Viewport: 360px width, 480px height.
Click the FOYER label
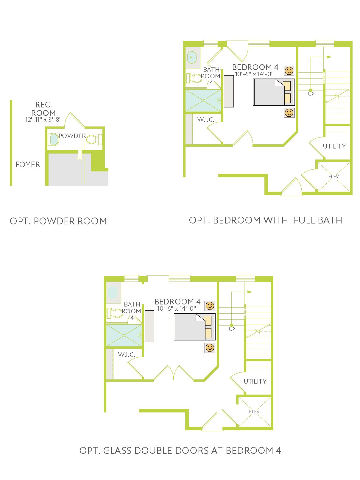coord(28,165)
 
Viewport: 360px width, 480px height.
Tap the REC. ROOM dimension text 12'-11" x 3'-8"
coord(43,120)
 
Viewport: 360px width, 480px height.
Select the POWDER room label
coord(72,136)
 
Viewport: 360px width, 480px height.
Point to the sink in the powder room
coord(54,140)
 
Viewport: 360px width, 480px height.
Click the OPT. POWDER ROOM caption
coord(58,221)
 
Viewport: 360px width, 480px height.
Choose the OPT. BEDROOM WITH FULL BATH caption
coord(266,220)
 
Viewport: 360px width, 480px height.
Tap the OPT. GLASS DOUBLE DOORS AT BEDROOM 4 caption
coord(180,451)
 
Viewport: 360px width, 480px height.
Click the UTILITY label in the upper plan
coord(334,146)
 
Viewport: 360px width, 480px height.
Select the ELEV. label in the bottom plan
coord(255,412)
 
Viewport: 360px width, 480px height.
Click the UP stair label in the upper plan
coord(311,94)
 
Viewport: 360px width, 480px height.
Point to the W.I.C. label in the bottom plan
coord(127,354)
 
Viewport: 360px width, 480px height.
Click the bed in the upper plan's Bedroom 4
coord(274,92)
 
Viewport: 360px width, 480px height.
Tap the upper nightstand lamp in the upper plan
coord(289,71)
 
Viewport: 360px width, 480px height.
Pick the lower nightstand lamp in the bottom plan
coord(210,348)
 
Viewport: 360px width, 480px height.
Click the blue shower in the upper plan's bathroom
coord(203,100)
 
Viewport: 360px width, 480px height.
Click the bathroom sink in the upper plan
coord(192,57)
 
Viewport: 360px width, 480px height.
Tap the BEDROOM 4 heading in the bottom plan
coord(177,302)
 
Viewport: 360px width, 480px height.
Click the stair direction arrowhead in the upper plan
coord(329,57)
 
